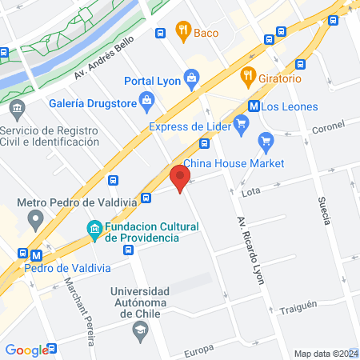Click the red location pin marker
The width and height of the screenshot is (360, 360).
[180, 177]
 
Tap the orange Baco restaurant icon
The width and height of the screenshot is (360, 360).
[184, 33]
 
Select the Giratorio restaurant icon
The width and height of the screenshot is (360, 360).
[247, 78]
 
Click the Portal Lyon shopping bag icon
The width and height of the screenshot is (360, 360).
[191, 78]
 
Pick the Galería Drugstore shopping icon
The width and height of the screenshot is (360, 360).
[146, 101]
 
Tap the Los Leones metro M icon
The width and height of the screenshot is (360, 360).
[254, 106]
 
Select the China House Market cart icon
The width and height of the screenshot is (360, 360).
[266, 142]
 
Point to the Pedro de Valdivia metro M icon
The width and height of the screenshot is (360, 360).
[35, 255]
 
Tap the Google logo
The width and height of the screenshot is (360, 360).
[26, 350]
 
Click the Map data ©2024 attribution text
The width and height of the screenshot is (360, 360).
[325, 354]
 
